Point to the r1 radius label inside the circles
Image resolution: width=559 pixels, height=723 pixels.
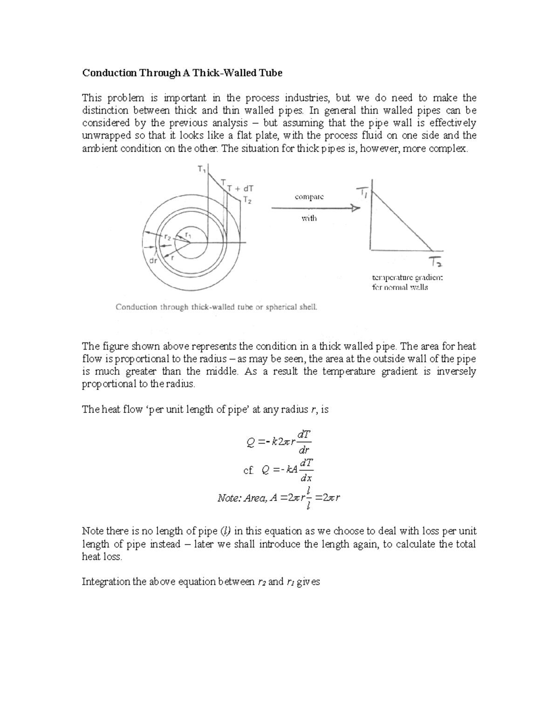(x=188, y=235)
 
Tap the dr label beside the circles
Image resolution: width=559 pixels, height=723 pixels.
(x=153, y=261)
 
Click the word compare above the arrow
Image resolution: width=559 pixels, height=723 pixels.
(x=309, y=197)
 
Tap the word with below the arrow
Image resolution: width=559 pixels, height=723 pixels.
(x=309, y=218)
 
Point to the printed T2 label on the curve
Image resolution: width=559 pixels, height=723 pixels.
(x=247, y=200)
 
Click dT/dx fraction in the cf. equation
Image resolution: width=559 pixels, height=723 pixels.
(x=307, y=470)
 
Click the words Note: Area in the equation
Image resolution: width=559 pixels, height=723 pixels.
(x=242, y=498)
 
